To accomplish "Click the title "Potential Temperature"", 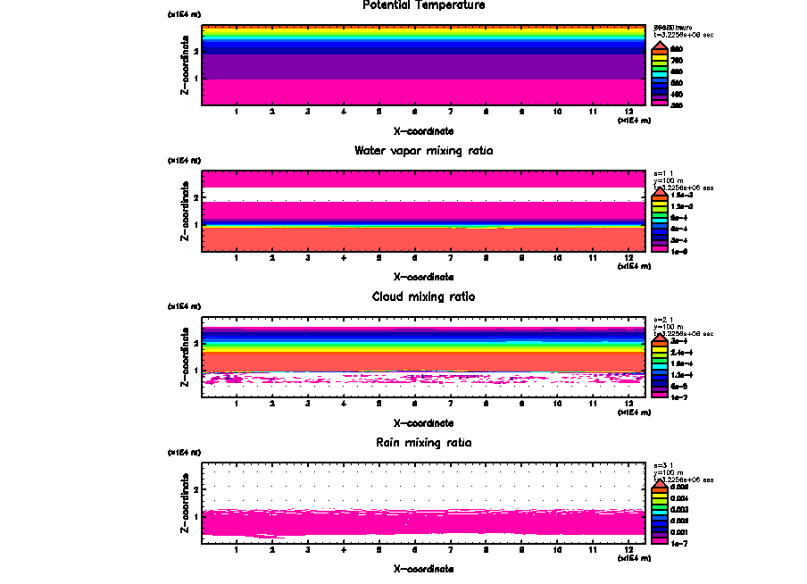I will [424, 5].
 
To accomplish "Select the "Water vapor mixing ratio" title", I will [424, 151].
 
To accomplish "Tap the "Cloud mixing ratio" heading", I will [424, 296].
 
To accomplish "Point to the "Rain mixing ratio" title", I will [424, 443].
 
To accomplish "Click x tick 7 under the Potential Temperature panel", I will [450, 113].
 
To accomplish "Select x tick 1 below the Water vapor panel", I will [236, 258].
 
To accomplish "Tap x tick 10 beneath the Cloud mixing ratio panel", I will [557, 405].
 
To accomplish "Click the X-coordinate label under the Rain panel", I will [424, 569].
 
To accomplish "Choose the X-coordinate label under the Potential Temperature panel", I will [424, 130].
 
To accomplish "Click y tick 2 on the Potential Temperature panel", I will [196, 51].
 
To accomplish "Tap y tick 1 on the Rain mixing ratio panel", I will [196, 516].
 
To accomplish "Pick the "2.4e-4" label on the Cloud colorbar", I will [678, 353].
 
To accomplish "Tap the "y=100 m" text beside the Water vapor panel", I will [668, 181].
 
